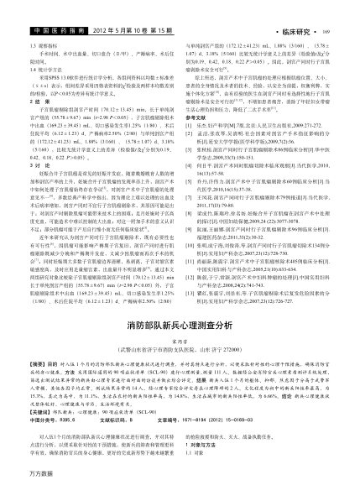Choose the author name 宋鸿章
coord(179,317)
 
